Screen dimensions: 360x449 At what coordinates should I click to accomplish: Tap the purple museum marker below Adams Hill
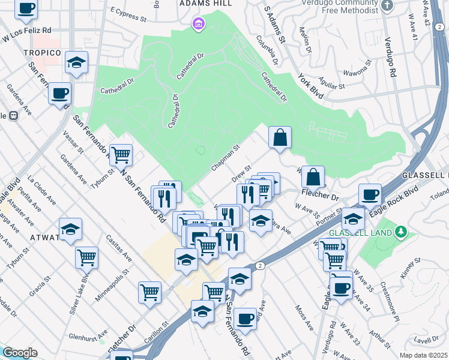click(198, 25)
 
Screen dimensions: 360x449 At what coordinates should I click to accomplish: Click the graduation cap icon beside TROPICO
click(76, 62)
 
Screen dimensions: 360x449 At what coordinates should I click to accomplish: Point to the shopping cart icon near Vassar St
click(121, 155)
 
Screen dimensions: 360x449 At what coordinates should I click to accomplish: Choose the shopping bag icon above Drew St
click(280, 137)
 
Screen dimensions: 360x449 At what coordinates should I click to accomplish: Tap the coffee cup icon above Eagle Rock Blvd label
click(370, 194)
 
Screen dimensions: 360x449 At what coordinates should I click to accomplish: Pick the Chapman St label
click(225, 156)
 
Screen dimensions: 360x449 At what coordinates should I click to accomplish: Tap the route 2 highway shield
click(259, 265)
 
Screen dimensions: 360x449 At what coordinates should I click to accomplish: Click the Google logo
click(19, 353)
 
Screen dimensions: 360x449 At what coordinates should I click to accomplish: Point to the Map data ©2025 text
click(423, 355)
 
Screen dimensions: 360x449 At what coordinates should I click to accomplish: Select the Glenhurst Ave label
click(88, 334)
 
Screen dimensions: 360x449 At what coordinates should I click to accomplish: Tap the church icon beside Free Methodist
click(388, 6)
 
